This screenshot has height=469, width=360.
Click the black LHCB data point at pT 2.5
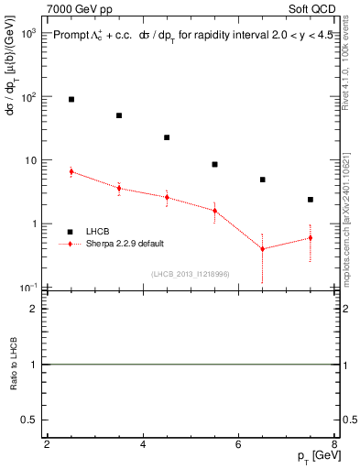pyautogui.click(x=71, y=99)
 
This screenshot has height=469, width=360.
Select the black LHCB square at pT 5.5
pyautogui.click(x=214, y=165)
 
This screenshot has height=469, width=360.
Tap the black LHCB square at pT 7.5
pyautogui.click(x=311, y=200)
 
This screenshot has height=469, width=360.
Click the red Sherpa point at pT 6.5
pyautogui.click(x=263, y=249)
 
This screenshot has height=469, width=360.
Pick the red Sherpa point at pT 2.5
pyautogui.click(x=71, y=171)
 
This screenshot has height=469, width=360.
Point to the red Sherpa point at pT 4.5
pyautogui.click(x=167, y=197)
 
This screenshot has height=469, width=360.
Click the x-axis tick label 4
pyautogui.click(x=143, y=445)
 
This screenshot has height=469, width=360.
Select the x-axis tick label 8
pyautogui.click(x=334, y=445)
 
